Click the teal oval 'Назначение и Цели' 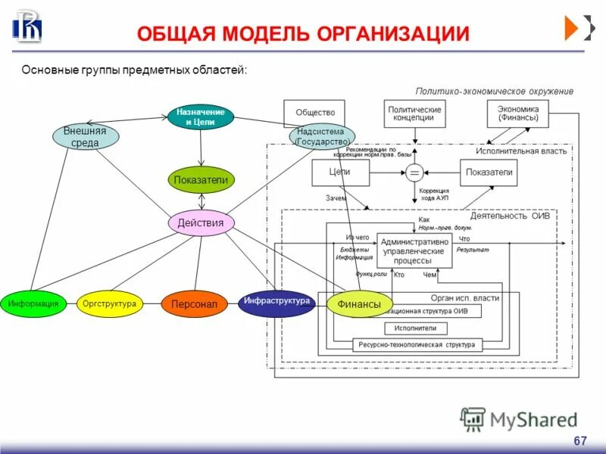click(201, 117)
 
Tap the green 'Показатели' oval click(201, 180)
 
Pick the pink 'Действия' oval click(201, 222)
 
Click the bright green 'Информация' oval click(33, 303)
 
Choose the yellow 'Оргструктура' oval click(110, 303)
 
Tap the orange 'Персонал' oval click(194, 304)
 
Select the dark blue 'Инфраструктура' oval click(276, 302)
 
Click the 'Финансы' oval click(359, 304)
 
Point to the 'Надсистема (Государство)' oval click(322, 137)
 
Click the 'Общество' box click(314, 113)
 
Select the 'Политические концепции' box click(414, 113)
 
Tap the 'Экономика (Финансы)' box click(517, 113)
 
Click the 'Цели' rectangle click(339, 173)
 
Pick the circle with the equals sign click(414, 173)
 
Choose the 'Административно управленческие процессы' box click(413, 250)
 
